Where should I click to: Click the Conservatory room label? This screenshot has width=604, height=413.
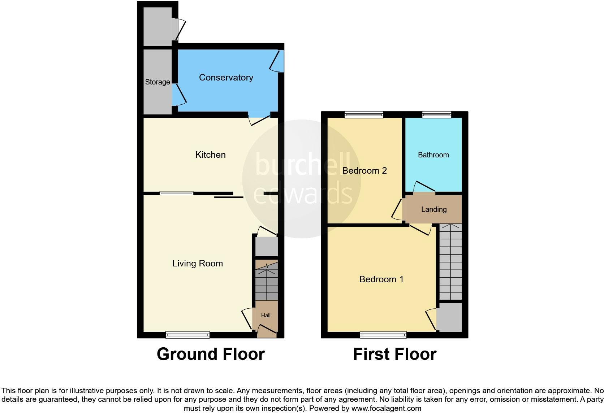click(x=226, y=78)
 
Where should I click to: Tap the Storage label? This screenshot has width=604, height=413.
click(x=158, y=82)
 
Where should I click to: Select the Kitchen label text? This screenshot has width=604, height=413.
click(x=210, y=155)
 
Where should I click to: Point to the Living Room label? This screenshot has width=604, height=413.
click(x=197, y=264)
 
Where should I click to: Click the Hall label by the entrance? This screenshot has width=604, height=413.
click(x=266, y=316)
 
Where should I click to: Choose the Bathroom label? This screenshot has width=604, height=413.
click(x=433, y=155)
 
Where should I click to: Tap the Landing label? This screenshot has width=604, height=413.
click(x=433, y=209)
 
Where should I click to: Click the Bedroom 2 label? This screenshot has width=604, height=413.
click(x=364, y=170)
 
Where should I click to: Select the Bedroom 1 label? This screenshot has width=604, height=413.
click(x=381, y=279)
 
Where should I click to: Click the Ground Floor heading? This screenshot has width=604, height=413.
click(x=211, y=354)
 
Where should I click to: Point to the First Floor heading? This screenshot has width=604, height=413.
click(x=394, y=354)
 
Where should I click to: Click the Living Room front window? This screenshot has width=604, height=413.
click(x=187, y=335)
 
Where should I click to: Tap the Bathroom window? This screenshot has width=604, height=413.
click(x=437, y=115)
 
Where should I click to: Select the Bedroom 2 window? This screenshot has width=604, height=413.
click(x=364, y=115)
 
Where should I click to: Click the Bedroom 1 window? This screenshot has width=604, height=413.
click(x=383, y=335)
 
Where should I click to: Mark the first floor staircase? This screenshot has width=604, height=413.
click(x=450, y=262)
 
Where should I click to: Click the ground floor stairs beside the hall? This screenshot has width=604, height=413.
click(x=267, y=283)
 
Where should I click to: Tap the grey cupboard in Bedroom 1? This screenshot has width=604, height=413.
click(x=450, y=317)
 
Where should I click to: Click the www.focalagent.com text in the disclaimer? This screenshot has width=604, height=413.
click(x=386, y=409)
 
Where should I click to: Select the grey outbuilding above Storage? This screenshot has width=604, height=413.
click(x=158, y=26)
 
